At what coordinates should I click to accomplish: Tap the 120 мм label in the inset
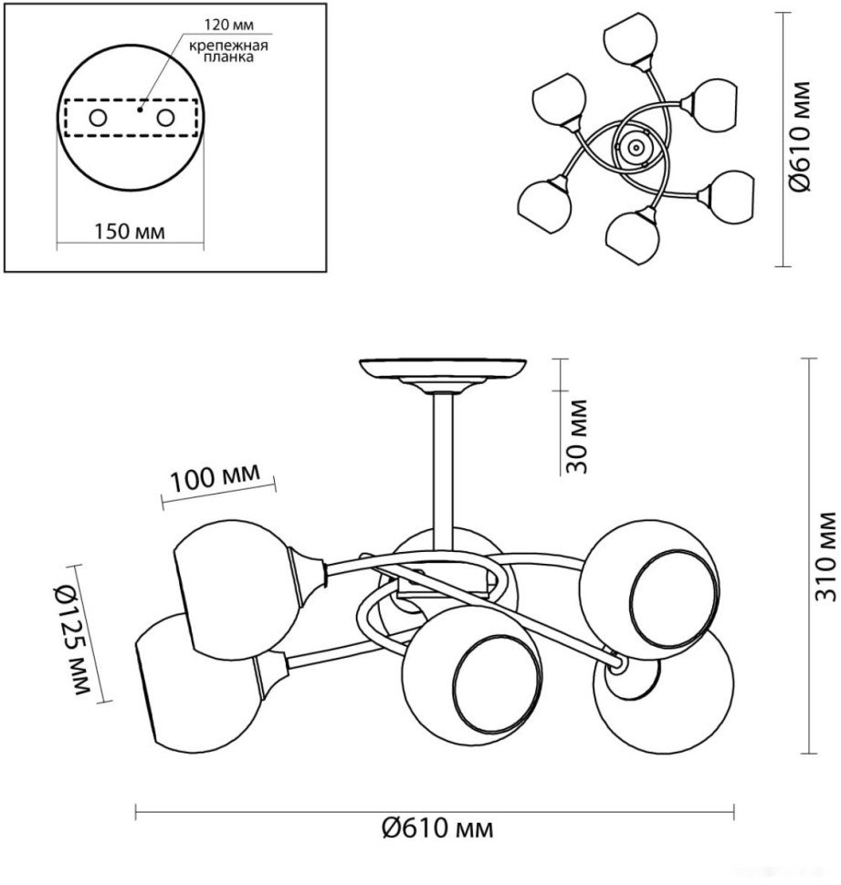(227, 24)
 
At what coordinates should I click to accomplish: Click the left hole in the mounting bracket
(97, 118)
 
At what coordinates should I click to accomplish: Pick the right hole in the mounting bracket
(165, 118)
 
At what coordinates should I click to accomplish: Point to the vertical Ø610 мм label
(800, 137)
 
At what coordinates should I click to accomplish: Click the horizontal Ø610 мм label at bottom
(436, 828)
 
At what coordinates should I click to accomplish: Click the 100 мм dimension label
(215, 477)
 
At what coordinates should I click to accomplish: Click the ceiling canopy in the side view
(443, 370)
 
